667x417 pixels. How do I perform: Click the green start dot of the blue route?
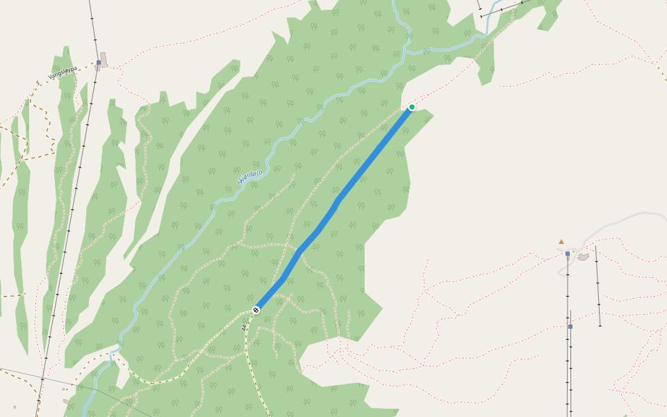tap(412, 107)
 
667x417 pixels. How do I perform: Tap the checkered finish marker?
tap(256, 309)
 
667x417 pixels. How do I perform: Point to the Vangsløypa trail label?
tap(63, 73)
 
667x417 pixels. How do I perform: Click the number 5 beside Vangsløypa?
tap(38, 83)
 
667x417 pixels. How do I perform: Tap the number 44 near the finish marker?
tap(245, 326)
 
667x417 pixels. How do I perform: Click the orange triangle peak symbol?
tap(561, 242)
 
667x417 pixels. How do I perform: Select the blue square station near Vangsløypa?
tap(99, 63)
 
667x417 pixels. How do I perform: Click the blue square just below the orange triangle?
tap(568, 254)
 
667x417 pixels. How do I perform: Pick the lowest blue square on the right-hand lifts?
tap(570, 326)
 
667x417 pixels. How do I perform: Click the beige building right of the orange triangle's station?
tap(583, 257)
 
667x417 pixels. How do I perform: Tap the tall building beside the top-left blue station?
tap(104, 58)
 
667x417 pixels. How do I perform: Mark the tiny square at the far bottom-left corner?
tap(15, 407)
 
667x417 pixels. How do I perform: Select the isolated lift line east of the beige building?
tap(598, 285)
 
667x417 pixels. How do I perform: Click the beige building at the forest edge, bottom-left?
tap(67, 402)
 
